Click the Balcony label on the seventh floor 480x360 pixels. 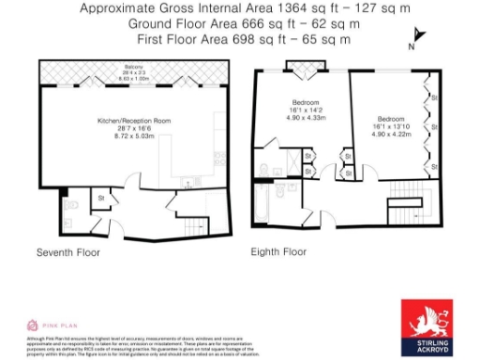point(133,67)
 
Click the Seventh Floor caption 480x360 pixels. point(67,253)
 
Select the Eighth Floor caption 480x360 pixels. point(278,253)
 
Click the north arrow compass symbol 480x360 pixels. point(416,37)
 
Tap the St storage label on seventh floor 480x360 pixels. point(101,198)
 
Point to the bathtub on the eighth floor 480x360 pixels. point(263,202)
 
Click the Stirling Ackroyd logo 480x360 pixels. point(427,326)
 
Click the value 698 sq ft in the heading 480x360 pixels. point(248,39)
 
